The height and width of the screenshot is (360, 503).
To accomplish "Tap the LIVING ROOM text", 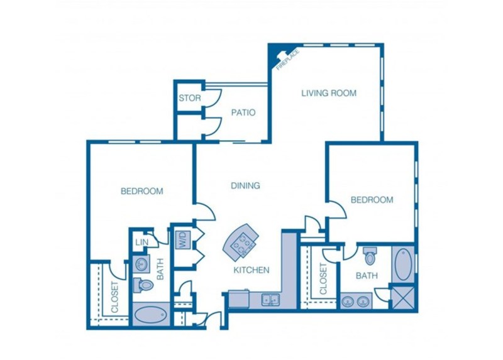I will tap(328, 93).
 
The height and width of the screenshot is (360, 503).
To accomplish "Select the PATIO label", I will tap(243, 113).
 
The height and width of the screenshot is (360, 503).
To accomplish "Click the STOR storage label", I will tap(189, 98).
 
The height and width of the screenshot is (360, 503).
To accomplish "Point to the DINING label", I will tap(245, 185).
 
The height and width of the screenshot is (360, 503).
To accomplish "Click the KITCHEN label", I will tap(251, 270).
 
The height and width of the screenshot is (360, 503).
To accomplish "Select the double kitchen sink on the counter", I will tap(271, 300).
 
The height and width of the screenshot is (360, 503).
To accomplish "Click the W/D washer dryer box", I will tap(183, 238).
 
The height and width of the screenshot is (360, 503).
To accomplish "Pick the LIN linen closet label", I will tap(141, 242).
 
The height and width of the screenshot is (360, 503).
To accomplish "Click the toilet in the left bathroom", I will tap(144, 285).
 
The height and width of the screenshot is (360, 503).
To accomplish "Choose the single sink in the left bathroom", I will tap(141, 263).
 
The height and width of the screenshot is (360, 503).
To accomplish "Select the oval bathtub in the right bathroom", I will tap(402, 264).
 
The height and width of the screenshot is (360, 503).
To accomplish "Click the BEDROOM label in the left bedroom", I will tap(142, 191).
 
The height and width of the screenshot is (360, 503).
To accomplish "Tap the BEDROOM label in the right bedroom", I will tap(372, 200).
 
